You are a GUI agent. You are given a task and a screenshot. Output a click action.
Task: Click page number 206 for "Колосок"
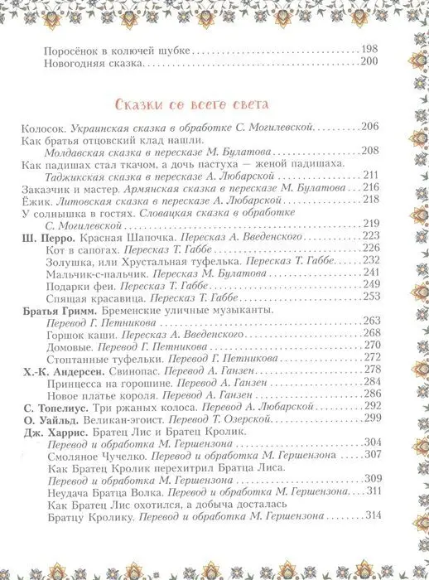(369, 125)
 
